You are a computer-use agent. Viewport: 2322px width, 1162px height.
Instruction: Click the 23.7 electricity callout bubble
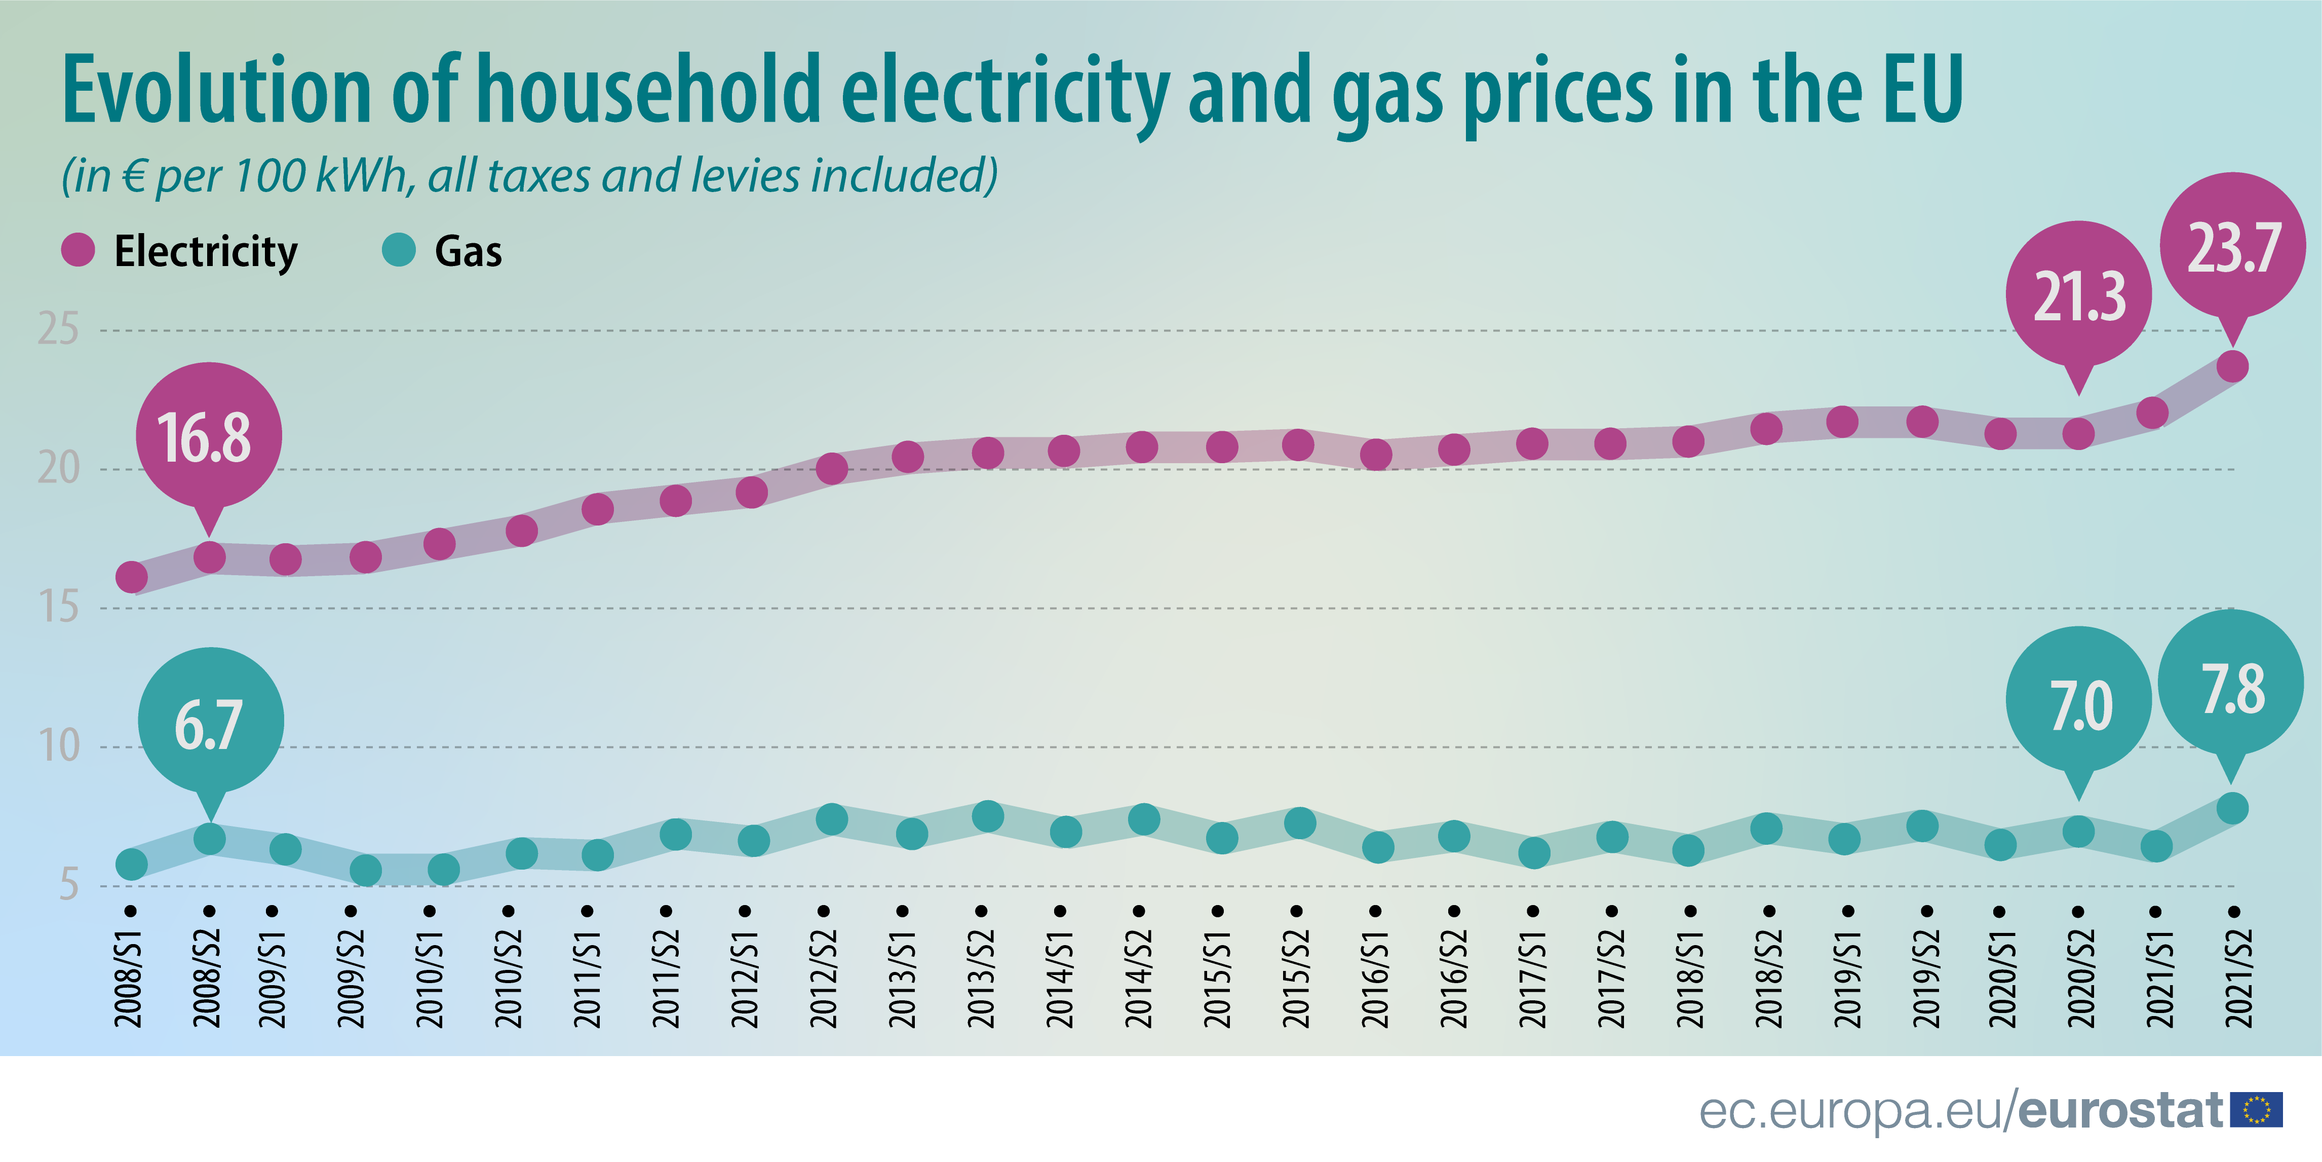click(2232, 245)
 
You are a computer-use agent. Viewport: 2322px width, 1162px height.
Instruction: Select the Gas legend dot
click(399, 250)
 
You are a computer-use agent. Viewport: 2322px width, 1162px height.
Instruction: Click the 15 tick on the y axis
click(58, 608)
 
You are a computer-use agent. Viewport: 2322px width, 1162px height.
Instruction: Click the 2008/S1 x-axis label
click(129, 978)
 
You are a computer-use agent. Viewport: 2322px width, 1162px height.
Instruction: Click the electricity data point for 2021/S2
click(2232, 367)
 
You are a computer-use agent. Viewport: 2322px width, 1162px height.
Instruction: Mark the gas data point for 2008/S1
click(132, 865)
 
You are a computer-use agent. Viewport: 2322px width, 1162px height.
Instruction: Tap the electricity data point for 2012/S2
click(831, 469)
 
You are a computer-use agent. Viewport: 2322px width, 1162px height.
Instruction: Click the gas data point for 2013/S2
click(988, 817)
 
